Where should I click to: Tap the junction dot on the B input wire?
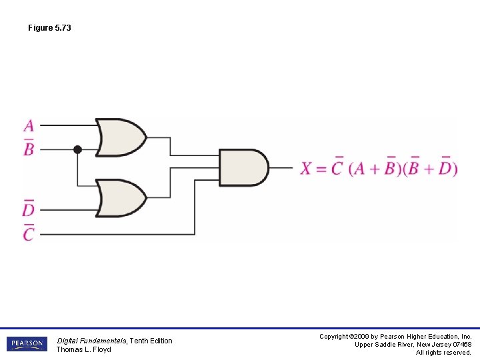pyautogui.click(x=77, y=150)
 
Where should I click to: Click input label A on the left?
pyautogui.click(x=29, y=125)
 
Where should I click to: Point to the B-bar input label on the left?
pyautogui.click(x=29, y=148)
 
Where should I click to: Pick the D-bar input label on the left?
pyautogui.click(x=28, y=209)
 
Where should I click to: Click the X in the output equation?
pyautogui.click(x=306, y=168)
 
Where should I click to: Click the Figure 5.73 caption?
pyautogui.click(x=49, y=28)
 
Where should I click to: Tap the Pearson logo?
pyautogui.click(x=27, y=344)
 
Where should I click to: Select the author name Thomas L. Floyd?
pyautogui.click(x=83, y=350)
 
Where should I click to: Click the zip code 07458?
pyautogui.click(x=461, y=345)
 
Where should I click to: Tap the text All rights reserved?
pyautogui.click(x=443, y=353)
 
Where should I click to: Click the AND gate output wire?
pyautogui.click(x=281, y=168)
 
